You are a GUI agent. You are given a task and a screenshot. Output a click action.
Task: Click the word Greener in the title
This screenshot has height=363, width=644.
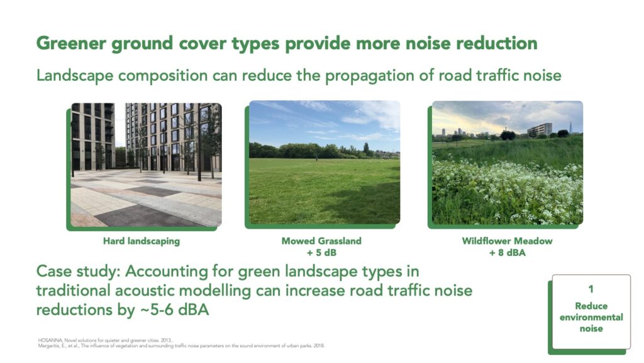[71, 43]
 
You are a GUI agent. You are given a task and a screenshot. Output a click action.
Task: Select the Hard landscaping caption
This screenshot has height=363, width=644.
[142, 241]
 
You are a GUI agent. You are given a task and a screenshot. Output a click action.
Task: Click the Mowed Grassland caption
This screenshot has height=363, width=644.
[321, 241]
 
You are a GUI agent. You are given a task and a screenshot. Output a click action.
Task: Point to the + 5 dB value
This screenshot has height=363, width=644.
[321, 252]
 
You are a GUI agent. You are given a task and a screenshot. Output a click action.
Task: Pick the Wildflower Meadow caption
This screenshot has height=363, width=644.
[507, 241]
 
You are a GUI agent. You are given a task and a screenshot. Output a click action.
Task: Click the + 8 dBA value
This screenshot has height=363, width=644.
[507, 252]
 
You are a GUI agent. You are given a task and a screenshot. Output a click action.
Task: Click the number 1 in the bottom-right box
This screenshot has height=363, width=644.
[591, 289]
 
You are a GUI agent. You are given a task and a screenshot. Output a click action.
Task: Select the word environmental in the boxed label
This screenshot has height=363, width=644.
[591, 318]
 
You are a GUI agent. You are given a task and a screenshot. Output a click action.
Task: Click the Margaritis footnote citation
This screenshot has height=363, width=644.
[181, 346]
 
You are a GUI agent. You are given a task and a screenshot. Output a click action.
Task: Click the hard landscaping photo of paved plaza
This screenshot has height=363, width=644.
[146, 164]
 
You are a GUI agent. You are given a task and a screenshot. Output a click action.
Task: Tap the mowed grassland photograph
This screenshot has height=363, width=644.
[325, 162]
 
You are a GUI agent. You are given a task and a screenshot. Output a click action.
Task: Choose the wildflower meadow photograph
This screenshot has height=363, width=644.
[508, 163]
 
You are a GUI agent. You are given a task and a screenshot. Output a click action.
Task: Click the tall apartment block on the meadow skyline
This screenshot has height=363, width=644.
[540, 129]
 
